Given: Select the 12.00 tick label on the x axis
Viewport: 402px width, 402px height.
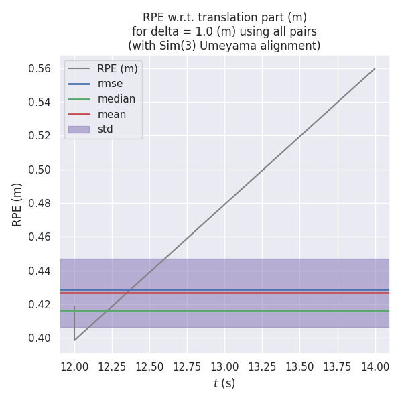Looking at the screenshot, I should coord(74,366).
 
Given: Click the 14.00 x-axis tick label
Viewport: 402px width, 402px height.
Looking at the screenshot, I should coord(375,366).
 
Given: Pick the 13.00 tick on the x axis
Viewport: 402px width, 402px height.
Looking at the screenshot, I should coord(224,366).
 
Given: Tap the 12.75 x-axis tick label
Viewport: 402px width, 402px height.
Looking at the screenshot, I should coord(187,366).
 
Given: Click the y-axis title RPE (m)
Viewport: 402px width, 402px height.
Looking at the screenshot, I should coord(17,204).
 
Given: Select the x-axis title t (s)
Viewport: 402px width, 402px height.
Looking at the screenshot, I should coord(224,383).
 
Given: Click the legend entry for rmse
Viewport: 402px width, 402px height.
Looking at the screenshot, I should coord(110,84).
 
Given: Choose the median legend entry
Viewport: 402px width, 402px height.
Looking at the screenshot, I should coord(116,99).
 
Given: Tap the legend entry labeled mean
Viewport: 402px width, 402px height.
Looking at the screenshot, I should coord(111,114).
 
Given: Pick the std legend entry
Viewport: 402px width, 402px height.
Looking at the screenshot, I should coord(105,129).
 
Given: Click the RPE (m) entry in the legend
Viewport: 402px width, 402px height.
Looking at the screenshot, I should coord(117,68).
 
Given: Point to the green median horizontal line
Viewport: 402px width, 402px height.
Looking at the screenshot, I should coord(268,310).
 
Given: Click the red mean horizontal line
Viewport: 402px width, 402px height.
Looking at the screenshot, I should coord(268,293).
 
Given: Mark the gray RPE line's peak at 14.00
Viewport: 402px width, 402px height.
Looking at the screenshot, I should coord(375,68).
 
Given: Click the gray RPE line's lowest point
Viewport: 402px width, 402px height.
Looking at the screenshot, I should coord(74,340).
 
